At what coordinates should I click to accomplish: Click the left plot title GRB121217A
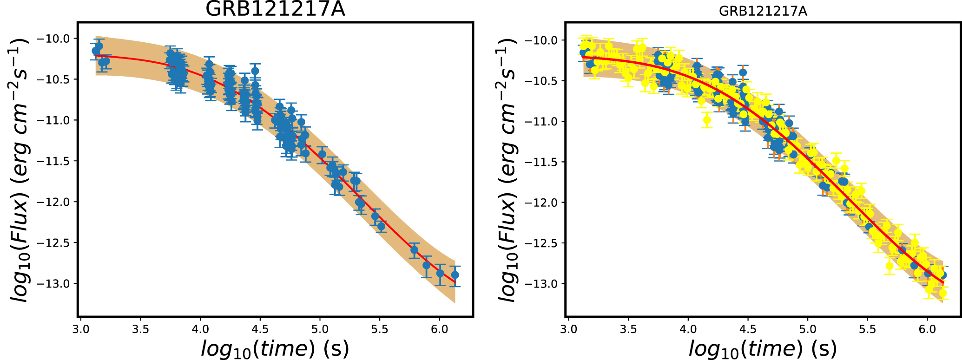click(275, 9)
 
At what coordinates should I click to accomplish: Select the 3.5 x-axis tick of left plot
click(140, 329)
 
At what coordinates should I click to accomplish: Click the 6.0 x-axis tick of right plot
click(927, 329)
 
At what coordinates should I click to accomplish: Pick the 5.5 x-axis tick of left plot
click(380, 329)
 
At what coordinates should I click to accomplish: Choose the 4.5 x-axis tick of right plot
click(748, 329)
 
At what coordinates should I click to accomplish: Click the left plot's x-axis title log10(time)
click(275, 348)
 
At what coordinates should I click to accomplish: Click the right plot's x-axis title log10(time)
click(763, 348)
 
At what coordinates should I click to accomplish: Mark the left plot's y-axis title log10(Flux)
click(21, 170)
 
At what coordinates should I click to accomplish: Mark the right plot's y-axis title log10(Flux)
click(508, 170)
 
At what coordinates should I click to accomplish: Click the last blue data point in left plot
click(455, 275)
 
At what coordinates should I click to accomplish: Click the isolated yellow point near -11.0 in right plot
click(707, 120)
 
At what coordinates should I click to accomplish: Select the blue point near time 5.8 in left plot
click(414, 250)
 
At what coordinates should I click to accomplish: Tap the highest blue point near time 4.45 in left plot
click(255, 71)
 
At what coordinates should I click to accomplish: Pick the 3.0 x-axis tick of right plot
click(568, 329)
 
